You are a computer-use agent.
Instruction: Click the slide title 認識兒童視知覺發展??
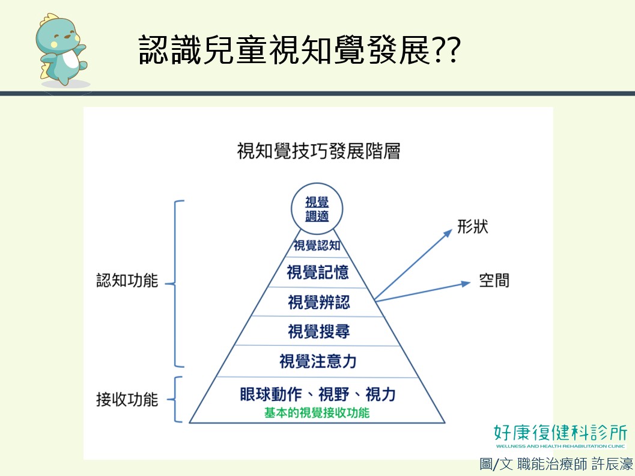[300, 50]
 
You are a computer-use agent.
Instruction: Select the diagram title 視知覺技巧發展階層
[319, 151]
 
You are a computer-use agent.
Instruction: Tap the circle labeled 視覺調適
[317, 209]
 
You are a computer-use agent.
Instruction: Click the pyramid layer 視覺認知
[317, 245]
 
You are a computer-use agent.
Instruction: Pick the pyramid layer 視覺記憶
[317, 272]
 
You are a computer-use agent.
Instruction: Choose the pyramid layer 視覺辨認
[319, 302]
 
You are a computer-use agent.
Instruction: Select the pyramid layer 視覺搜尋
[319, 331]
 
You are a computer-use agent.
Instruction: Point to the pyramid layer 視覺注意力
[318, 361]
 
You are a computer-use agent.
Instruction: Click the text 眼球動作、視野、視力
[318, 394]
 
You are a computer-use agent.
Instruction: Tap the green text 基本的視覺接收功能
[317, 413]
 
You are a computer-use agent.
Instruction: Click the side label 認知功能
[127, 280]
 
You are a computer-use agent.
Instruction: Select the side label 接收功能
[127, 400]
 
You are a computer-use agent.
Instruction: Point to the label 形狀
[473, 227]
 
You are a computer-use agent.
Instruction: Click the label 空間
[494, 280]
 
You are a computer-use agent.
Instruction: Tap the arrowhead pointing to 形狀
[448, 233]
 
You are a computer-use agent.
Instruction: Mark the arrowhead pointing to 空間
[466, 284]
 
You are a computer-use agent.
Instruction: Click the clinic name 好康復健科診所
[561, 433]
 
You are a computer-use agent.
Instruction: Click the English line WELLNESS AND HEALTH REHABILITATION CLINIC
[561, 447]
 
